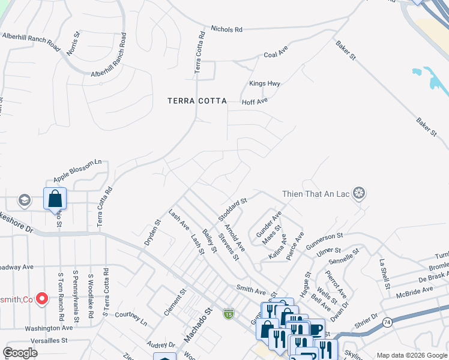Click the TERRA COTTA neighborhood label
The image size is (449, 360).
click(197, 101)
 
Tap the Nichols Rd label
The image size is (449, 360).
click(226, 29)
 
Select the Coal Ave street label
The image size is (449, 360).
click(277, 55)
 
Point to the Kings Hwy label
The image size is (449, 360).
click(265, 84)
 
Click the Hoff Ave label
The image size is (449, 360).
click(255, 102)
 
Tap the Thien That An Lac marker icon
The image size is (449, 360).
click(360, 194)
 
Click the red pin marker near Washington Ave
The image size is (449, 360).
click(42, 298)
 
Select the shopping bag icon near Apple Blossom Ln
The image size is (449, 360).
click(55, 199)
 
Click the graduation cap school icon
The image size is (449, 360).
click(25, 200)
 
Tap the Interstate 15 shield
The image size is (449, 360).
click(228, 313)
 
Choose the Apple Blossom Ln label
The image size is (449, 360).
click(78, 171)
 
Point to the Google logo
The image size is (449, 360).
click(20, 353)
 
